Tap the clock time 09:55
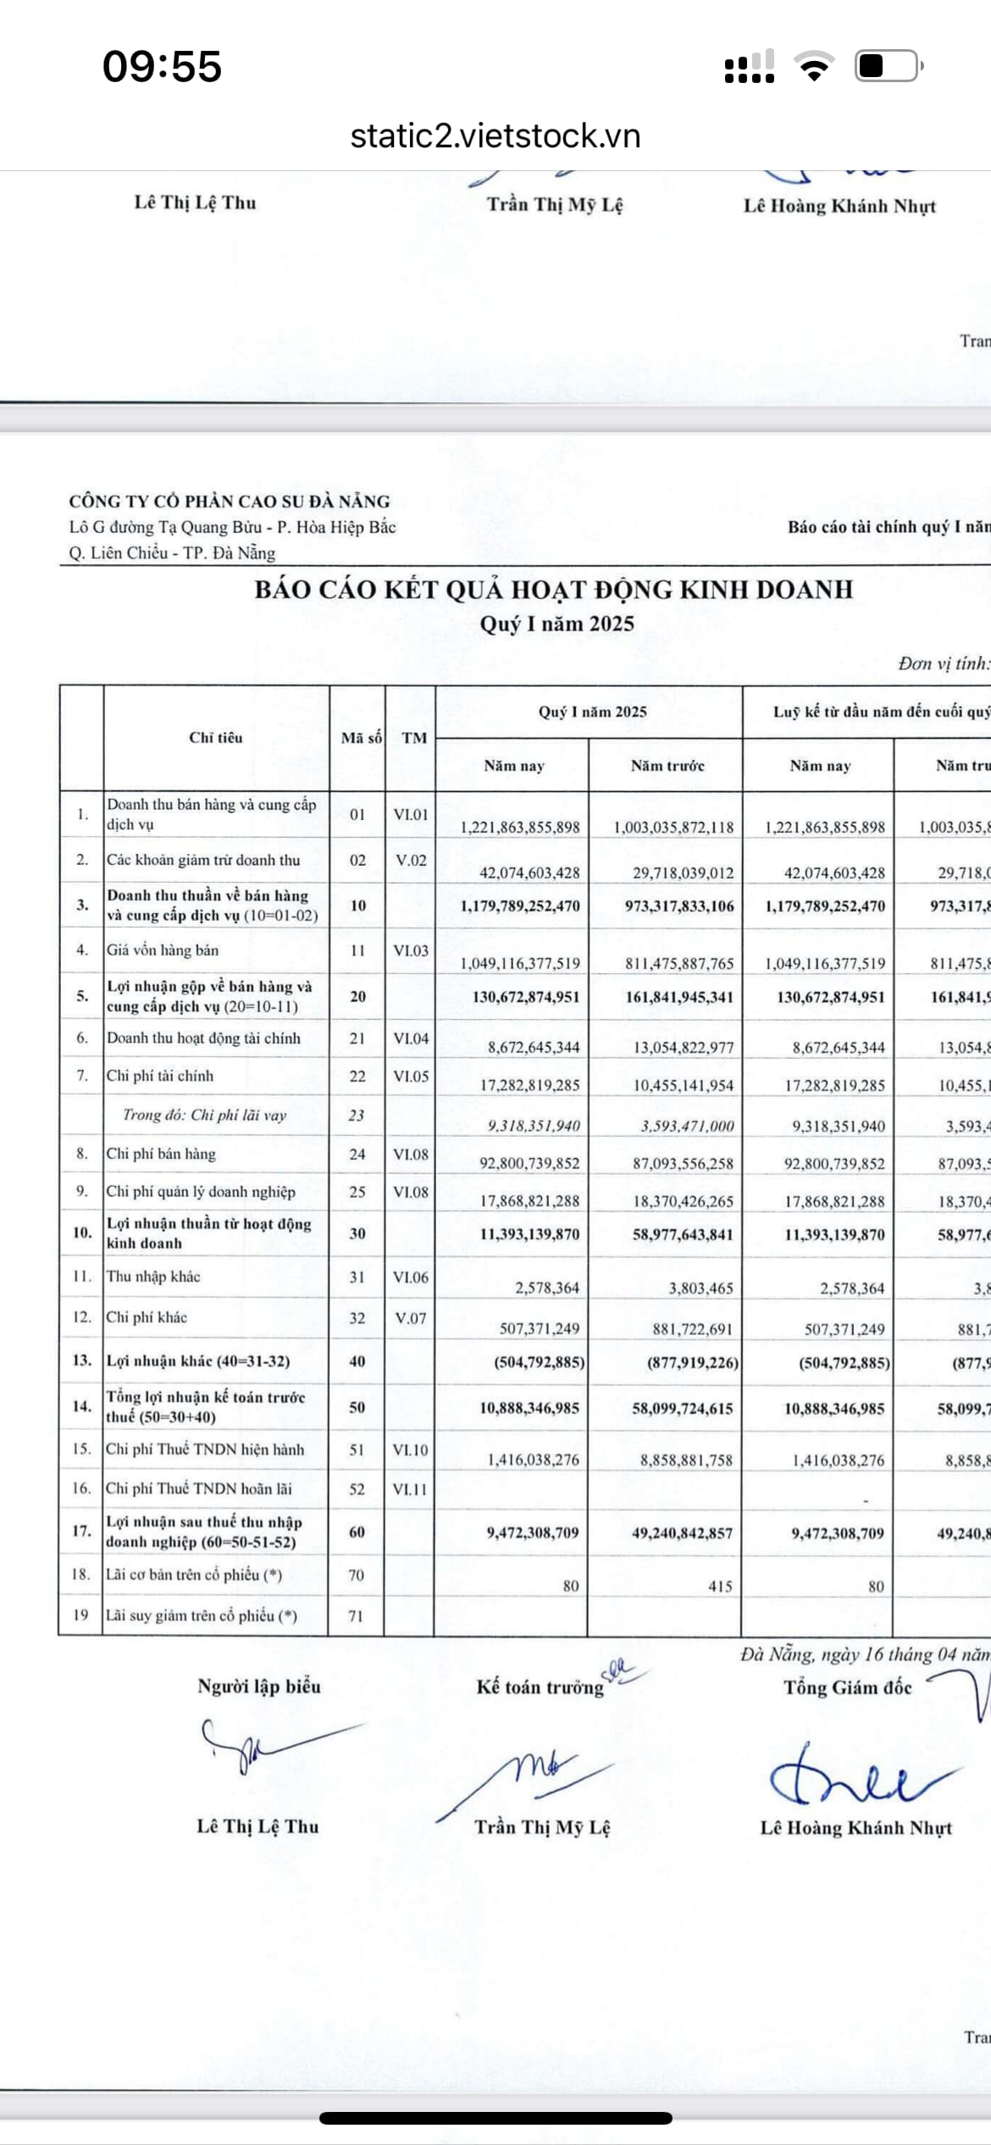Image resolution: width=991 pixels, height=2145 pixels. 162,67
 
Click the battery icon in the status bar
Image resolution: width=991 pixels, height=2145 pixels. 888,66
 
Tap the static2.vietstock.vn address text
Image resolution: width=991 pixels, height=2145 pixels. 495,136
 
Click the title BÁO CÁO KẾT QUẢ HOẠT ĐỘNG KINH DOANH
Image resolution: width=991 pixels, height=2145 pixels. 554,590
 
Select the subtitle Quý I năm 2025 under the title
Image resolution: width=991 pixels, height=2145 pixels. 556,624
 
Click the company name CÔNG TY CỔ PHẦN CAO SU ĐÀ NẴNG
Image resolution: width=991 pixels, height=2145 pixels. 230,501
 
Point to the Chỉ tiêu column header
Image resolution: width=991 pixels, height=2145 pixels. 216,738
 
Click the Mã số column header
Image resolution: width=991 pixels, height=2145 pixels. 361,738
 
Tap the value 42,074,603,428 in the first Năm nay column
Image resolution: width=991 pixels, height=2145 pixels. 521,873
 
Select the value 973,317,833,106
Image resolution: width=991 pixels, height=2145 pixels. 679,906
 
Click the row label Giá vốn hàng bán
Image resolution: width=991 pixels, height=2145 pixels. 163,951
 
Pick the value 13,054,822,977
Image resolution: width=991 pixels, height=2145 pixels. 684,1047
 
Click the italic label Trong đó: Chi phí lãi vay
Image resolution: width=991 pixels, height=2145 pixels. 204,1115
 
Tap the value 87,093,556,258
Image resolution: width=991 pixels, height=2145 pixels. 683,1163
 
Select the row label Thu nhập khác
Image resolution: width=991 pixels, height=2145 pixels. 153,1277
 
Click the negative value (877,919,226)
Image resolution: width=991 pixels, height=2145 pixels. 693,1362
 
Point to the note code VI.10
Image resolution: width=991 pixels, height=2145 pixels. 411,1449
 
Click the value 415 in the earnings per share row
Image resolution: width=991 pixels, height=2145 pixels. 720,1586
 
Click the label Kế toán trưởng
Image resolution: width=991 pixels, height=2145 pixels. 540,1687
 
